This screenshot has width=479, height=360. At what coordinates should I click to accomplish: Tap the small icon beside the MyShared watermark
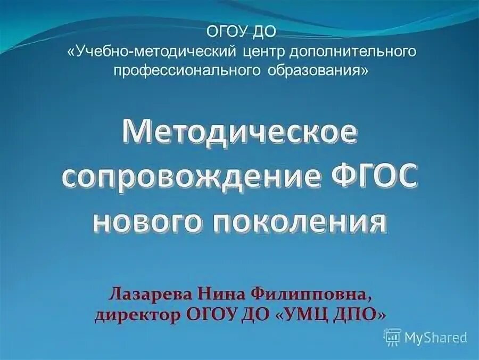393,336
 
